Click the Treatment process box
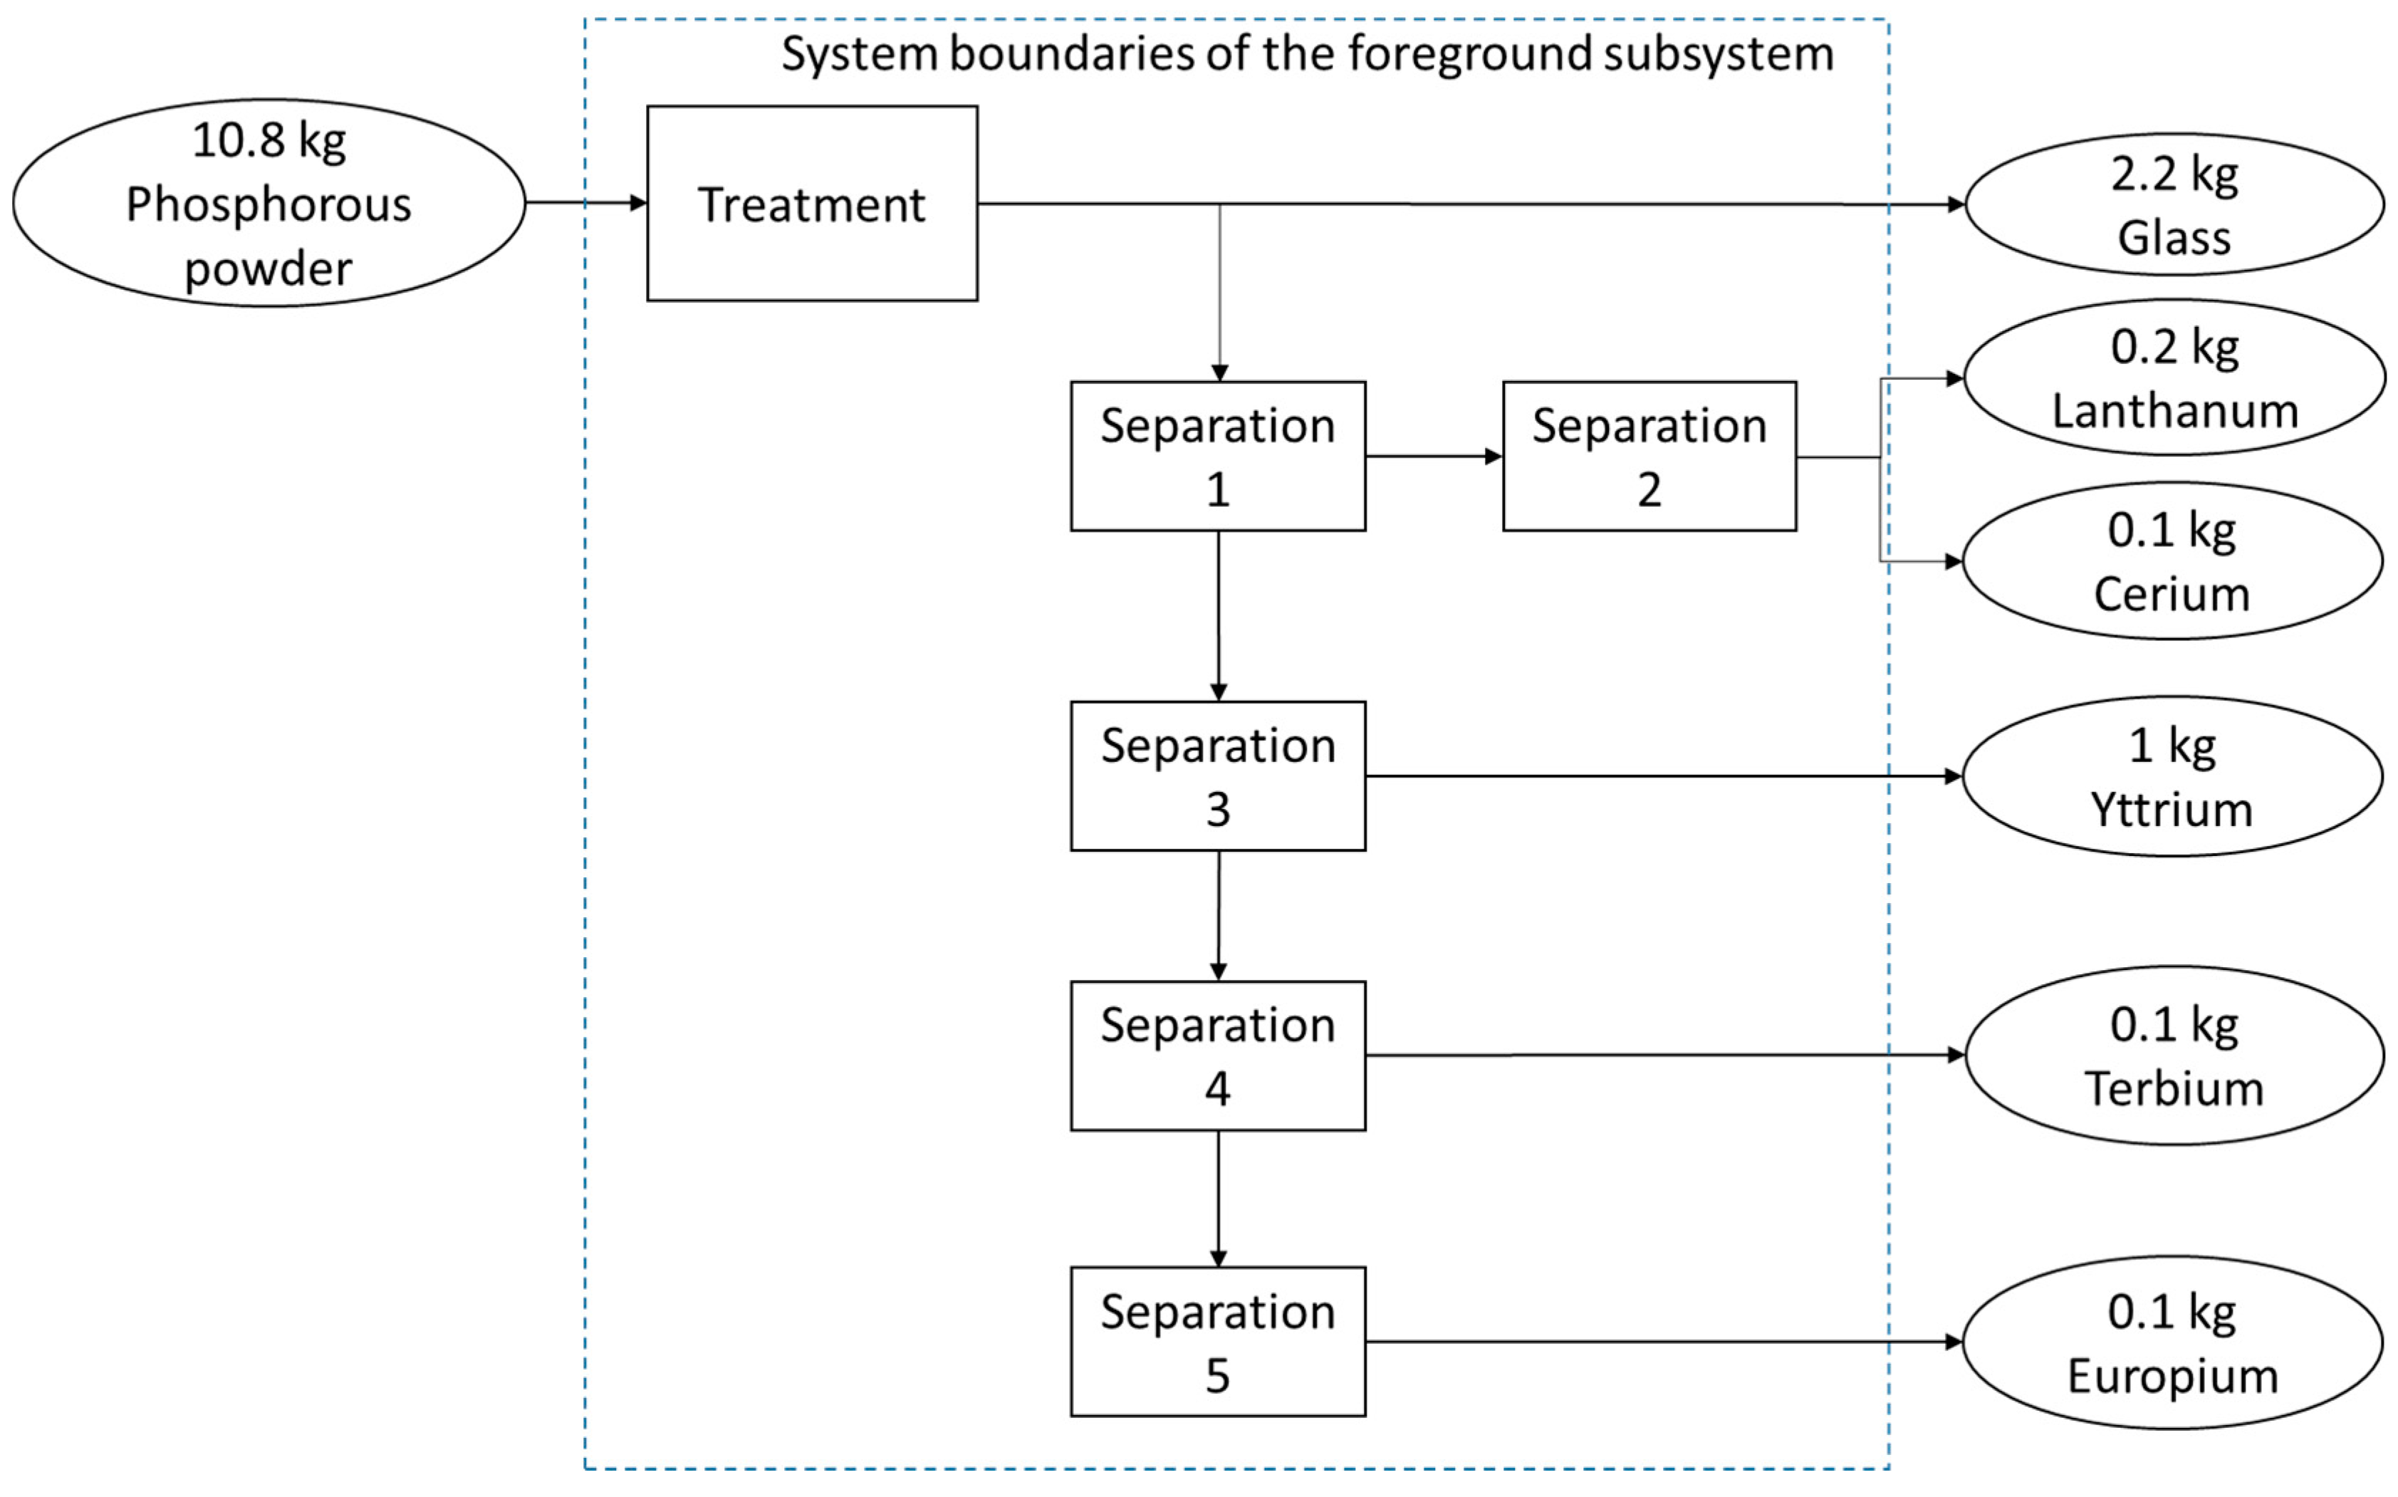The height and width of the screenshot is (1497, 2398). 812,203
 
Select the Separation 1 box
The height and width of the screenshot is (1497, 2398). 1218,457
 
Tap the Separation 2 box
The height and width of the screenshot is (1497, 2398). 1649,457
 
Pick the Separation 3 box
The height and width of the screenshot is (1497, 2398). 1218,776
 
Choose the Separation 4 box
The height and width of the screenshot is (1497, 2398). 1218,1055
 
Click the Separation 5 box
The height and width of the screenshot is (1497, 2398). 1218,1342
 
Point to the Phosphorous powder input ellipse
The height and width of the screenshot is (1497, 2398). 269,203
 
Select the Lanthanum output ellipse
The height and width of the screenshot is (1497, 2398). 2174,377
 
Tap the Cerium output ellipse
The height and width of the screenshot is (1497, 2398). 2172,560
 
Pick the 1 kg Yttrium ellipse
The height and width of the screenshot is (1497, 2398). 2172,776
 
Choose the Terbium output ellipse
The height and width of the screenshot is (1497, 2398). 2174,1055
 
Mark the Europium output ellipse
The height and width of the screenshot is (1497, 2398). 2172,1342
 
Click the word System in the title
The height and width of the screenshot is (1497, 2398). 858,53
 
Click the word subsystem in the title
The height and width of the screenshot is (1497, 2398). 1718,53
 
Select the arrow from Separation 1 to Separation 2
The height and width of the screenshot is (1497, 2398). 1434,457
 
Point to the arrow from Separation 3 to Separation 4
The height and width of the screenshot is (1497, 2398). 1218,916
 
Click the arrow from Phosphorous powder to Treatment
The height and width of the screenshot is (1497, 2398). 586,203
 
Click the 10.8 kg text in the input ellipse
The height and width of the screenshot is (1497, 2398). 269,140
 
